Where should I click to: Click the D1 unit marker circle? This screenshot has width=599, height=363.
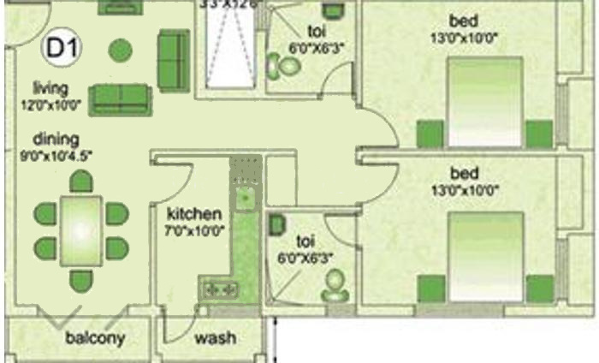(x=60, y=48)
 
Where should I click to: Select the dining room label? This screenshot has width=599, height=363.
(x=56, y=139)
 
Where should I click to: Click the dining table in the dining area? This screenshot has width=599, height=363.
(x=80, y=231)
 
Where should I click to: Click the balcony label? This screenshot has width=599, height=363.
(x=95, y=337)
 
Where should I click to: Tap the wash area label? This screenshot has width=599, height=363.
(x=215, y=337)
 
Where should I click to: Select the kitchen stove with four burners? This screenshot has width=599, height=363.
(x=218, y=289)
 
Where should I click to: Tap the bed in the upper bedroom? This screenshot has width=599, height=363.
(x=485, y=101)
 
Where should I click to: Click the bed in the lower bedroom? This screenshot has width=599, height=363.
(x=485, y=254)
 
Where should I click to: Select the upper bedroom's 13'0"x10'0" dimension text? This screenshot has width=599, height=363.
(x=465, y=38)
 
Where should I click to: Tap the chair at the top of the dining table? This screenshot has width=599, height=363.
(x=80, y=181)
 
